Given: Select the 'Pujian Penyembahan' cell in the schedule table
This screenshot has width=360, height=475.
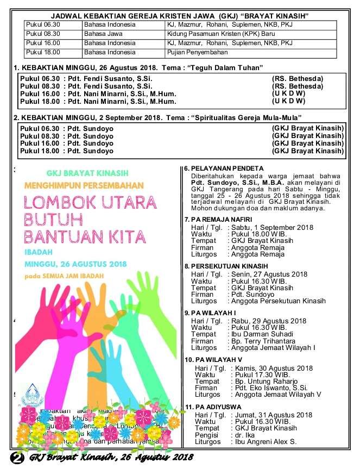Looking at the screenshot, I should (x=197, y=52).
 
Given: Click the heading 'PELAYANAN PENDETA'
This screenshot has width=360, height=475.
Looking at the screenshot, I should (x=227, y=168).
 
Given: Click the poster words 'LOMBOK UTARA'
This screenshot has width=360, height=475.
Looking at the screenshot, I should (x=91, y=201).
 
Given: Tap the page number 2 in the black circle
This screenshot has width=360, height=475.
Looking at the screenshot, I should (x=17, y=458).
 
